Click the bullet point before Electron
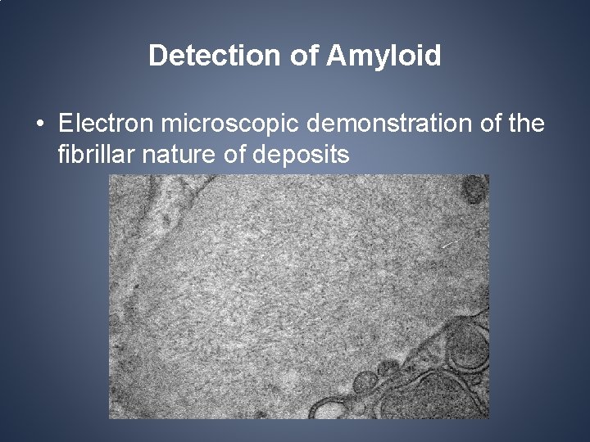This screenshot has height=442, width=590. point(40,124)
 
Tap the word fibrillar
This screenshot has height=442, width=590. point(93,152)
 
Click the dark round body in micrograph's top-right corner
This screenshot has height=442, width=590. point(474,190)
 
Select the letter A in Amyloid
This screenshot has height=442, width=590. point(336,56)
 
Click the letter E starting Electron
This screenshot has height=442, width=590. point(66,124)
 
